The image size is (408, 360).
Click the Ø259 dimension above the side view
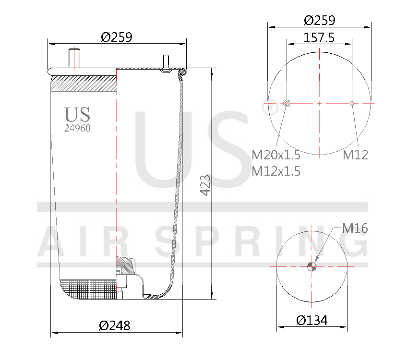pyautogui.click(x=116, y=37)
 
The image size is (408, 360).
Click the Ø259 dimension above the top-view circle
pyautogui.click(x=319, y=20)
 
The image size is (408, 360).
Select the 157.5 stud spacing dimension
pyautogui.click(x=319, y=37)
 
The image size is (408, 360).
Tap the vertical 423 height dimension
pyautogui.click(x=205, y=185)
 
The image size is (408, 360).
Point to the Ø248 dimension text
pyautogui.click(x=115, y=325)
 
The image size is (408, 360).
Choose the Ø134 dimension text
pyautogui.click(x=312, y=320)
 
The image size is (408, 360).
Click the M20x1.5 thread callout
pyautogui.click(x=276, y=155)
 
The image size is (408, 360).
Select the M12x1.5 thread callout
pyautogui.click(x=276, y=171)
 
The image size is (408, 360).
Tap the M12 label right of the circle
pyautogui.click(x=355, y=155)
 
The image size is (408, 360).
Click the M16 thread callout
pyautogui.click(x=355, y=228)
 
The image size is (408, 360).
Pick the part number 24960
pyautogui.click(x=77, y=128)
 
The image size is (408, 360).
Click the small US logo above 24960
pyautogui.click(x=77, y=114)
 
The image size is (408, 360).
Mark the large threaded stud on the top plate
pyautogui.click(x=74, y=58)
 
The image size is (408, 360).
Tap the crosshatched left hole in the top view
pyautogui.click(x=287, y=103)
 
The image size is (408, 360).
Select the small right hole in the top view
pyautogui.click(x=352, y=103)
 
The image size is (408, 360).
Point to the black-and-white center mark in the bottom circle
pyautogui.click(x=312, y=266)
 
